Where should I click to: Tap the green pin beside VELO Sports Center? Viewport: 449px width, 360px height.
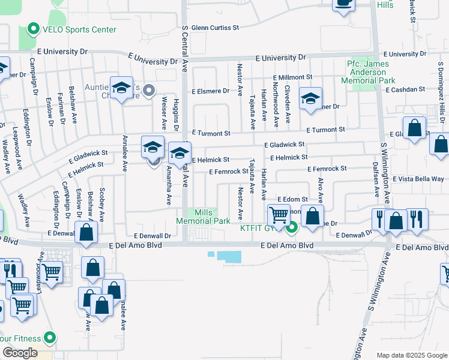pos(33,29)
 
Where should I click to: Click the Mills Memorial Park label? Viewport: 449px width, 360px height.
pos(203,217)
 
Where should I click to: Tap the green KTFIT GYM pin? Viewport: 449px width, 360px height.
pos(292,227)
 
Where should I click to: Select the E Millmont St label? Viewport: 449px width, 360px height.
pos(292,77)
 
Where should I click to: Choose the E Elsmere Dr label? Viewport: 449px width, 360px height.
pos(210,91)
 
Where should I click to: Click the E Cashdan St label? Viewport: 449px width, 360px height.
pos(406,89)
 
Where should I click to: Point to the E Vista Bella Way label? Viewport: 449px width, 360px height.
pos(418,179)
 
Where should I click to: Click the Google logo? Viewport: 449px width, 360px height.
pos(20,353)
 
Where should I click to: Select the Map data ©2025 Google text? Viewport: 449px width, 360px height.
pos(412,355)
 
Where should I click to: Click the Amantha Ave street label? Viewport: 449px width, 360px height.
pos(169,189)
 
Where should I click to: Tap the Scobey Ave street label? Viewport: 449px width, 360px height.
pos(102,203)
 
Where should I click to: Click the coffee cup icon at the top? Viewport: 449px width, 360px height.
pos(343,4)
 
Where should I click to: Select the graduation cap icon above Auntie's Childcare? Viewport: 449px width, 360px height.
pos(122,89)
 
